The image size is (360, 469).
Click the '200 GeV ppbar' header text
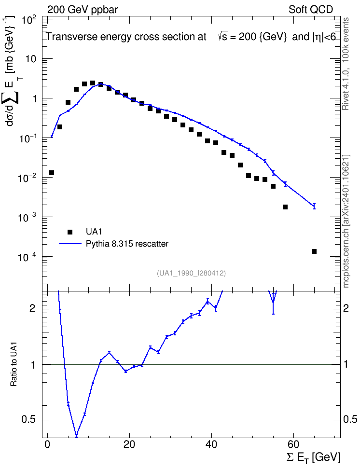pyautogui.click(x=83, y=10)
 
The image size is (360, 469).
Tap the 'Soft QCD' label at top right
pyautogui.click(x=311, y=10)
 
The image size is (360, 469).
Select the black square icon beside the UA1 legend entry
pyautogui.click(x=70, y=232)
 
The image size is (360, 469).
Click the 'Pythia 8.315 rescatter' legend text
pyautogui.click(x=127, y=244)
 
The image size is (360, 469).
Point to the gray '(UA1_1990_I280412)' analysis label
pyautogui.click(x=191, y=273)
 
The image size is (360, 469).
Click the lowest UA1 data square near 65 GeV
pyautogui.click(x=314, y=251)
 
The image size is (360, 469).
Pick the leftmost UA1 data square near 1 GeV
pyautogui.click(x=52, y=173)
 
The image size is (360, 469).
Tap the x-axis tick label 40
pyautogui.click(x=211, y=444)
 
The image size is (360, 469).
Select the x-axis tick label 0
pyautogui.click(x=47, y=444)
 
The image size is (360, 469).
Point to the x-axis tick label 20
pyautogui.click(x=129, y=444)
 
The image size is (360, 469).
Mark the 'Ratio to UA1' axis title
pyautogui.click(x=14, y=364)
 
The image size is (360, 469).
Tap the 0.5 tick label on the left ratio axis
pyautogui.click(x=29, y=420)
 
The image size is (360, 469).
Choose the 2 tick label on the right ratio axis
pyautogui.click(x=346, y=308)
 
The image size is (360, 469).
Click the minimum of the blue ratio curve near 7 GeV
pyautogui.click(x=76, y=436)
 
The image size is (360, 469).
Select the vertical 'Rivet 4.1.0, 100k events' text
pyautogui.click(x=346, y=64)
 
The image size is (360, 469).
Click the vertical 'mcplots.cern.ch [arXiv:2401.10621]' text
pyautogui.click(x=346, y=221)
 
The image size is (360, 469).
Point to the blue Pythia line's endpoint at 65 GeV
pyautogui.click(x=314, y=206)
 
